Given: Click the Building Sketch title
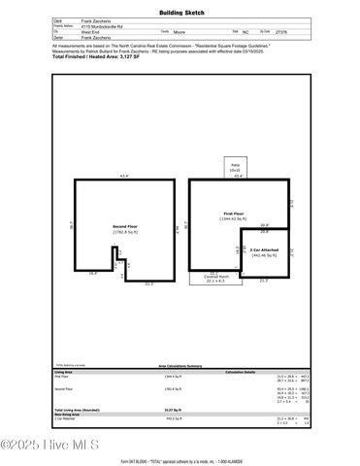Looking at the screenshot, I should pos(180,14).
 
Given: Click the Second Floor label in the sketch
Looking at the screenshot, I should pos(127,225).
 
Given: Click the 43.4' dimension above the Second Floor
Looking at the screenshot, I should pos(123,177).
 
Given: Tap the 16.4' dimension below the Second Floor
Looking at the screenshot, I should pos(94,274).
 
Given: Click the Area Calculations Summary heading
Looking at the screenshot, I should pos(180,367).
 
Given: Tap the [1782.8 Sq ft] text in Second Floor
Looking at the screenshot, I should pos(127,232).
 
